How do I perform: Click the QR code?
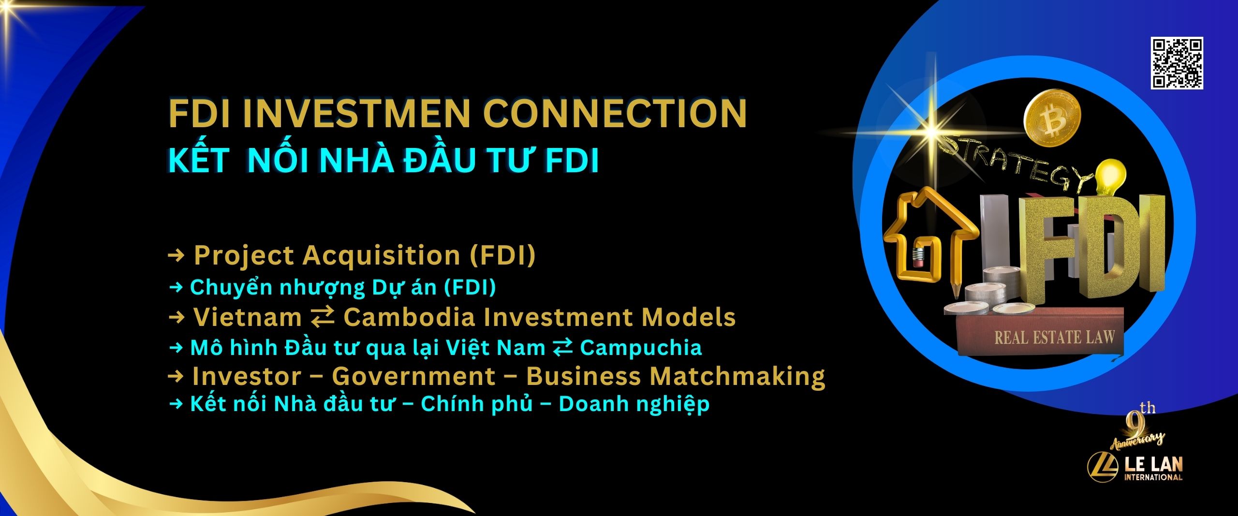click(x=1177, y=63)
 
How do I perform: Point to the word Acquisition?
click(x=381, y=255)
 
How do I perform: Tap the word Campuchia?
click(x=641, y=348)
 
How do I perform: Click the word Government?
click(x=414, y=377)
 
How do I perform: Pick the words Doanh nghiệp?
click(x=634, y=405)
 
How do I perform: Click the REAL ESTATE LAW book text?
click(x=1054, y=337)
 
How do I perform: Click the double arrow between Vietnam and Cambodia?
click(x=323, y=317)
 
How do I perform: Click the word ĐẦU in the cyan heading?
click(x=438, y=161)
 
